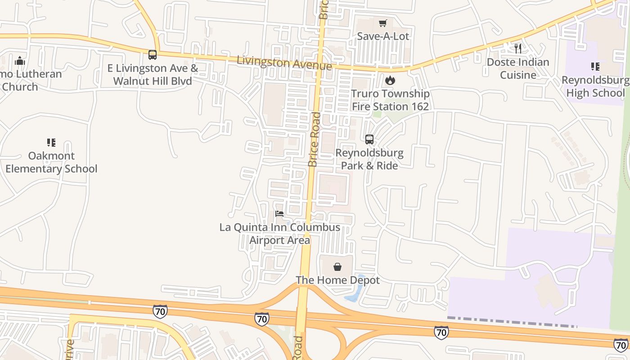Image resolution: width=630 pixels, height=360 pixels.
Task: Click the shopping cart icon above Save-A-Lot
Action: (383, 23)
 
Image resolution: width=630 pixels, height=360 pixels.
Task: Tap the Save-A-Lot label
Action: (383, 36)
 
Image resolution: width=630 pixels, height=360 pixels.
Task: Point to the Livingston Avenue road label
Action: (284, 63)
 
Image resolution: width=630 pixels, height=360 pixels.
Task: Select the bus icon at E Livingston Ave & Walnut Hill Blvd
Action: (153, 55)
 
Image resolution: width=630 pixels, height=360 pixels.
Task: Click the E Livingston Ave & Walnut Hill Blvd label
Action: (153, 75)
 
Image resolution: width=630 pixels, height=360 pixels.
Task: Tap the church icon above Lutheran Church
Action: (20, 61)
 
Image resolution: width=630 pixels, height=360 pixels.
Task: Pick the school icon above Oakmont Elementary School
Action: (51, 143)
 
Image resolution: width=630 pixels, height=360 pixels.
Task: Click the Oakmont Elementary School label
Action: (51, 162)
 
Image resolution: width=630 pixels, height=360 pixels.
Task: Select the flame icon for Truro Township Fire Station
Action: (390, 81)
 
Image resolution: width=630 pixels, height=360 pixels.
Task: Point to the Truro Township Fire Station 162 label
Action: (390, 100)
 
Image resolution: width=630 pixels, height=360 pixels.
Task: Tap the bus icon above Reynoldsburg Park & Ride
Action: (369, 139)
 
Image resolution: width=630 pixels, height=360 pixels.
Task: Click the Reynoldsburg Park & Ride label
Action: (369, 159)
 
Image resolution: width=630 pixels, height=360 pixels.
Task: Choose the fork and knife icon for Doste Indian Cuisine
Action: (518, 48)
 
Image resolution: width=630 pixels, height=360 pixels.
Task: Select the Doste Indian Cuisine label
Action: (518, 68)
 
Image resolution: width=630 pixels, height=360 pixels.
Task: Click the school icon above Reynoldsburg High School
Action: (595, 67)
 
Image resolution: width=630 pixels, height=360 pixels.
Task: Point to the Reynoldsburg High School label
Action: (595, 87)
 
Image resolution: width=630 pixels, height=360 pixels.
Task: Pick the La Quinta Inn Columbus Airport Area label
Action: (279, 234)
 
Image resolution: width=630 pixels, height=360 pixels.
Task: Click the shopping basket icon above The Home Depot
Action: (337, 267)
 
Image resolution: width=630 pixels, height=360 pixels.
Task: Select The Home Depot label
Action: (337, 280)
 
